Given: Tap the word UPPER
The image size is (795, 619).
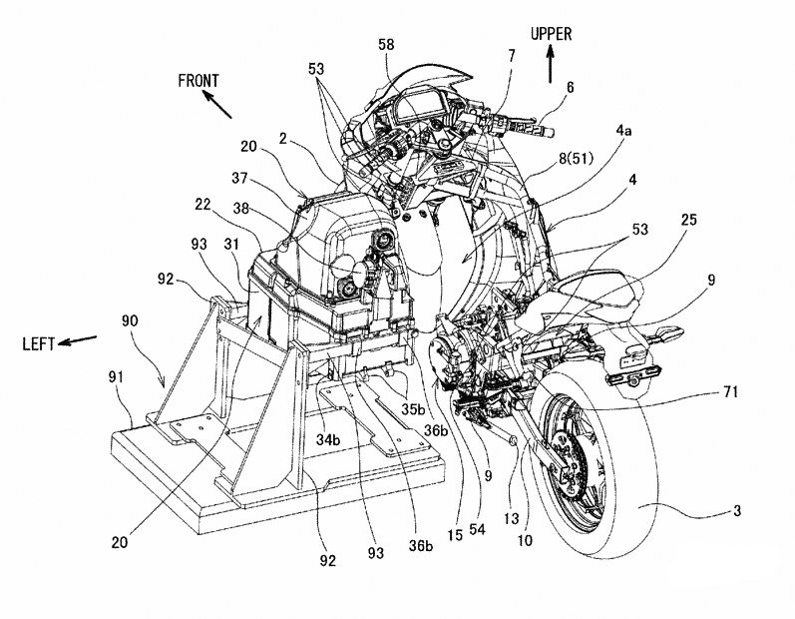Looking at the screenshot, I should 551,34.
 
